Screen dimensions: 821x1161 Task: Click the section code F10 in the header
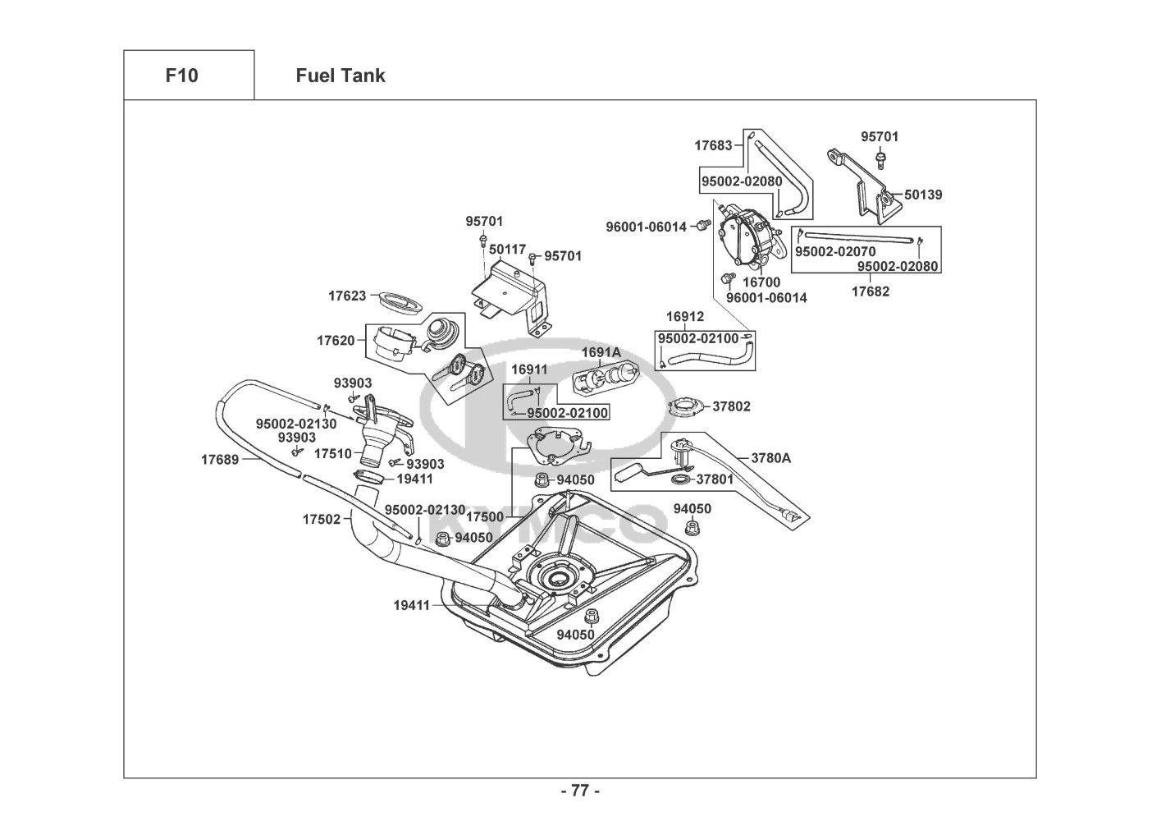(x=181, y=76)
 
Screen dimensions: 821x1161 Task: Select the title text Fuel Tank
(x=340, y=76)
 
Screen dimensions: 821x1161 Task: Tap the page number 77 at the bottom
(x=579, y=791)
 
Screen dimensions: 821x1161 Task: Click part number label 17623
(x=347, y=296)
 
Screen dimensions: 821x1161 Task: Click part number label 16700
(x=761, y=282)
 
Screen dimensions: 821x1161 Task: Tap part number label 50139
(x=923, y=195)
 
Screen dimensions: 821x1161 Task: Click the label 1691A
(x=601, y=352)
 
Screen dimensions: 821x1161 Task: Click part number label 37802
(x=731, y=406)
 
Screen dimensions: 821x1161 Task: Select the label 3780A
(x=771, y=458)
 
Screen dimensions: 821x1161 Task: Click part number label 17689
(x=220, y=460)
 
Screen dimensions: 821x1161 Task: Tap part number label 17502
(x=321, y=519)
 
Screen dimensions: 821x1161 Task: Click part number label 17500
(x=485, y=517)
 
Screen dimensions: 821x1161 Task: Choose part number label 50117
(x=507, y=248)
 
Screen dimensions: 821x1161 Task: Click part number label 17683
(x=713, y=145)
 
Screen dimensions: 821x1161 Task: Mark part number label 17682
(x=870, y=291)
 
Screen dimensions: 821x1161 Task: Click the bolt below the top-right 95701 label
(x=880, y=156)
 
